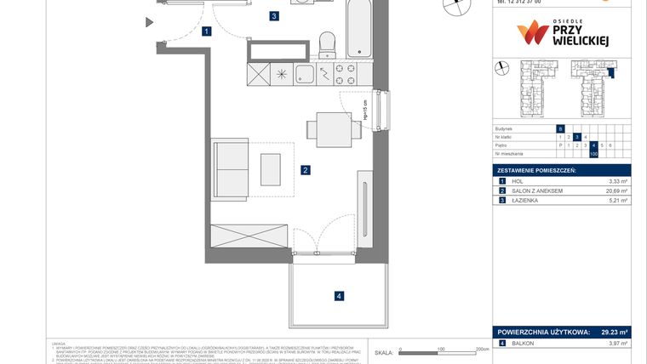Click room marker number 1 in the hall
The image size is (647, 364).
pos(207,32)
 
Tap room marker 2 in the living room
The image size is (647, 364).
pos(305,170)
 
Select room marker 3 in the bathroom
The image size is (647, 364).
pos(273,15)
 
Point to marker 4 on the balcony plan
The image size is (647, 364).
pos(339,296)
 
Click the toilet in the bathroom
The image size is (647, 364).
pos(325,43)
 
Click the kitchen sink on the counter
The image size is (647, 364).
pos(306,75)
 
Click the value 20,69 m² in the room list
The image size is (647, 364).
pos(617,191)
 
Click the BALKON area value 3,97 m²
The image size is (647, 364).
pos(617,344)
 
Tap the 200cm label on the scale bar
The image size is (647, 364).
pos(482,349)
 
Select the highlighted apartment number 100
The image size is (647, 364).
pos(593,154)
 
